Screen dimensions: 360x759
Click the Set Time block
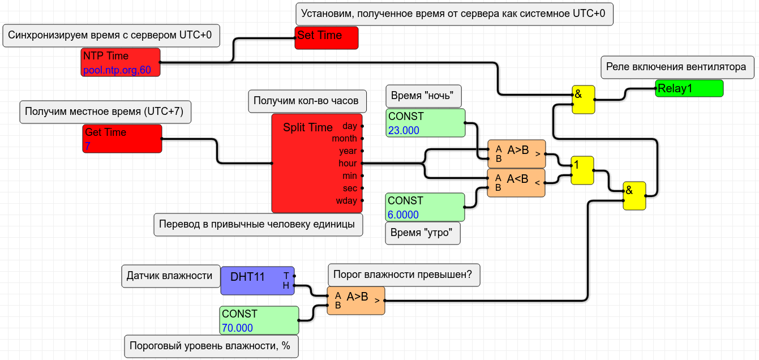(327, 37)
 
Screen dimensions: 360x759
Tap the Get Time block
(122, 139)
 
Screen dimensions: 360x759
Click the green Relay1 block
(689, 88)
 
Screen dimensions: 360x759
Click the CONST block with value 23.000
(425, 123)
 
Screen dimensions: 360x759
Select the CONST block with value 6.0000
(425, 207)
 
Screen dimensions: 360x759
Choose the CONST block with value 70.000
(259, 320)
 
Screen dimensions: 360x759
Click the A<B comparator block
(516, 182)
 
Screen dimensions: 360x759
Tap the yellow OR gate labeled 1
(582, 170)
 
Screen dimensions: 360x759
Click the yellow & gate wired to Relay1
(583, 100)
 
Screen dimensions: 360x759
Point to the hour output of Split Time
(362, 163)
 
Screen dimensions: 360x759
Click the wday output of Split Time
(362, 200)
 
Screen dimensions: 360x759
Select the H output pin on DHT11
(294, 286)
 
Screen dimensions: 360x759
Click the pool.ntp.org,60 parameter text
(117, 70)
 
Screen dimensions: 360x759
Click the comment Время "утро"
(422, 233)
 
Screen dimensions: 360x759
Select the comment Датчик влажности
(169, 276)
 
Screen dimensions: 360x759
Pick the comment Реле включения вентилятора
(676, 67)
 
